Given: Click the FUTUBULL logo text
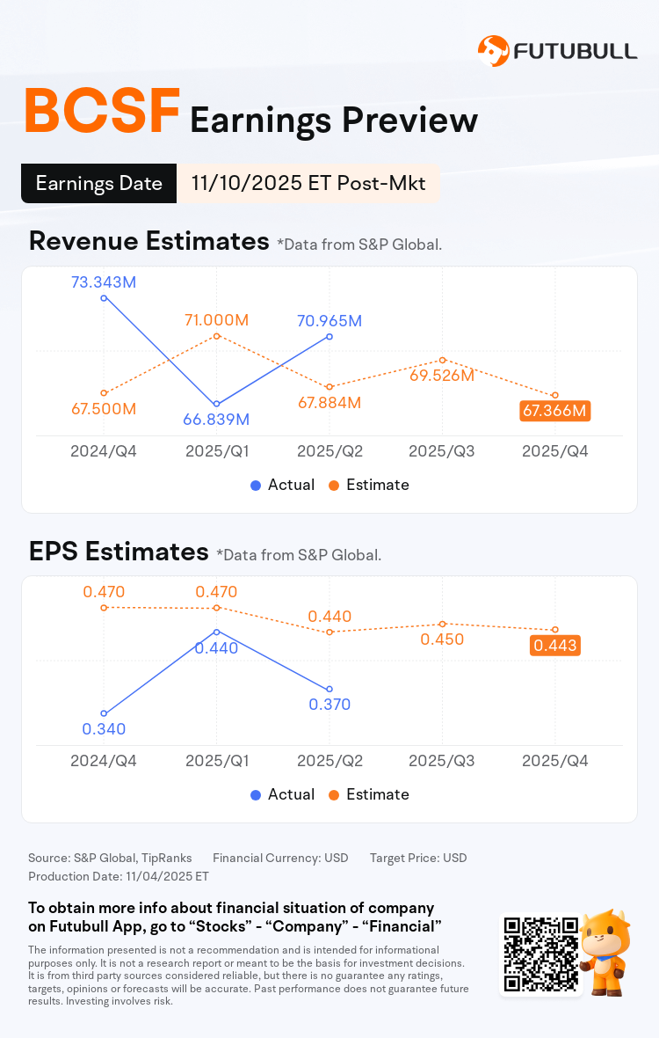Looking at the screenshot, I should click(x=576, y=51).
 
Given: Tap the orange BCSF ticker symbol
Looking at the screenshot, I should click(x=101, y=113).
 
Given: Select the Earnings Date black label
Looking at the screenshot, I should click(x=98, y=183).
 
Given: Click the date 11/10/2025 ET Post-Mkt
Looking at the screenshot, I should click(x=308, y=183).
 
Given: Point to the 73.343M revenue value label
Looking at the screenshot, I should click(x=104, y=282).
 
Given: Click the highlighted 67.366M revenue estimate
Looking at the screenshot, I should click(x=554, y=411).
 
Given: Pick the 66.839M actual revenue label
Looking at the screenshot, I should click(x=217, y=420).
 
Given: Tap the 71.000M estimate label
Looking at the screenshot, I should click(x=217, y=319).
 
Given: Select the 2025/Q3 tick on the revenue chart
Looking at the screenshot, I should click(x=443, y=451).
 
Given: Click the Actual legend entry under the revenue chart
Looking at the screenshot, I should click(x=282, y=485).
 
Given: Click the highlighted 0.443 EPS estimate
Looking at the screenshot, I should click(x=554, y=646).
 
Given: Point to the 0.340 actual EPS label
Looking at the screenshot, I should click(x=104, y=728).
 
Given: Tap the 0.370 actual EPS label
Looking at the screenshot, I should click(x=329, y=704).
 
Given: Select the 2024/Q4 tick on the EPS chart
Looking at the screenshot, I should click(x=104, y=761).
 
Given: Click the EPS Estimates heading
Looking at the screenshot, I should click(x=118, y=552).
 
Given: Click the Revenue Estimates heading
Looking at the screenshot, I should click(x=148, y=240).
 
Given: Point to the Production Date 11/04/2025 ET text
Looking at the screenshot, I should click(x=119, y=876).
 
